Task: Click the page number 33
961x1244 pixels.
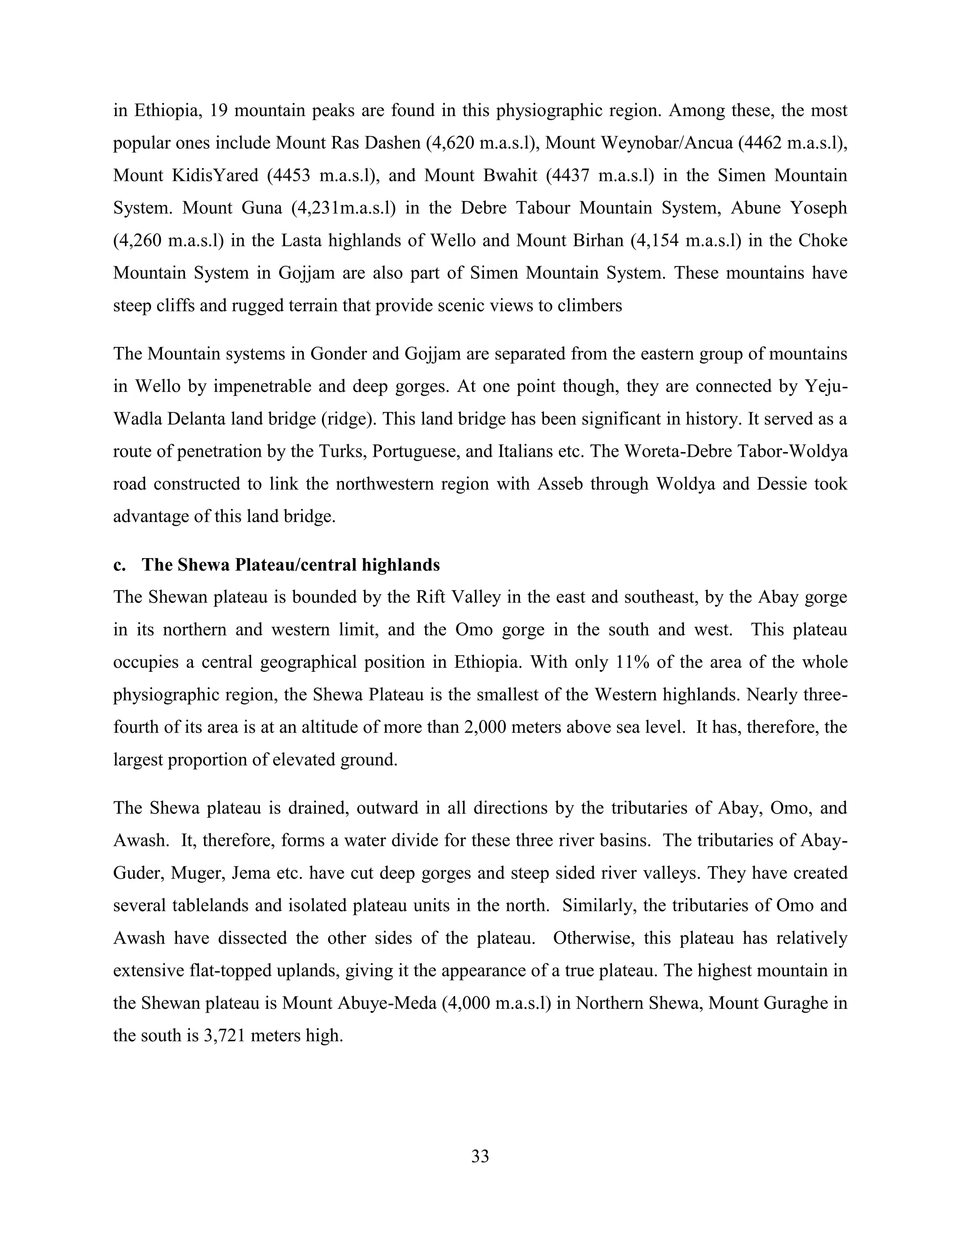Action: point(480,1156)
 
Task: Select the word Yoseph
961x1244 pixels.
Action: point(818,208)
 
